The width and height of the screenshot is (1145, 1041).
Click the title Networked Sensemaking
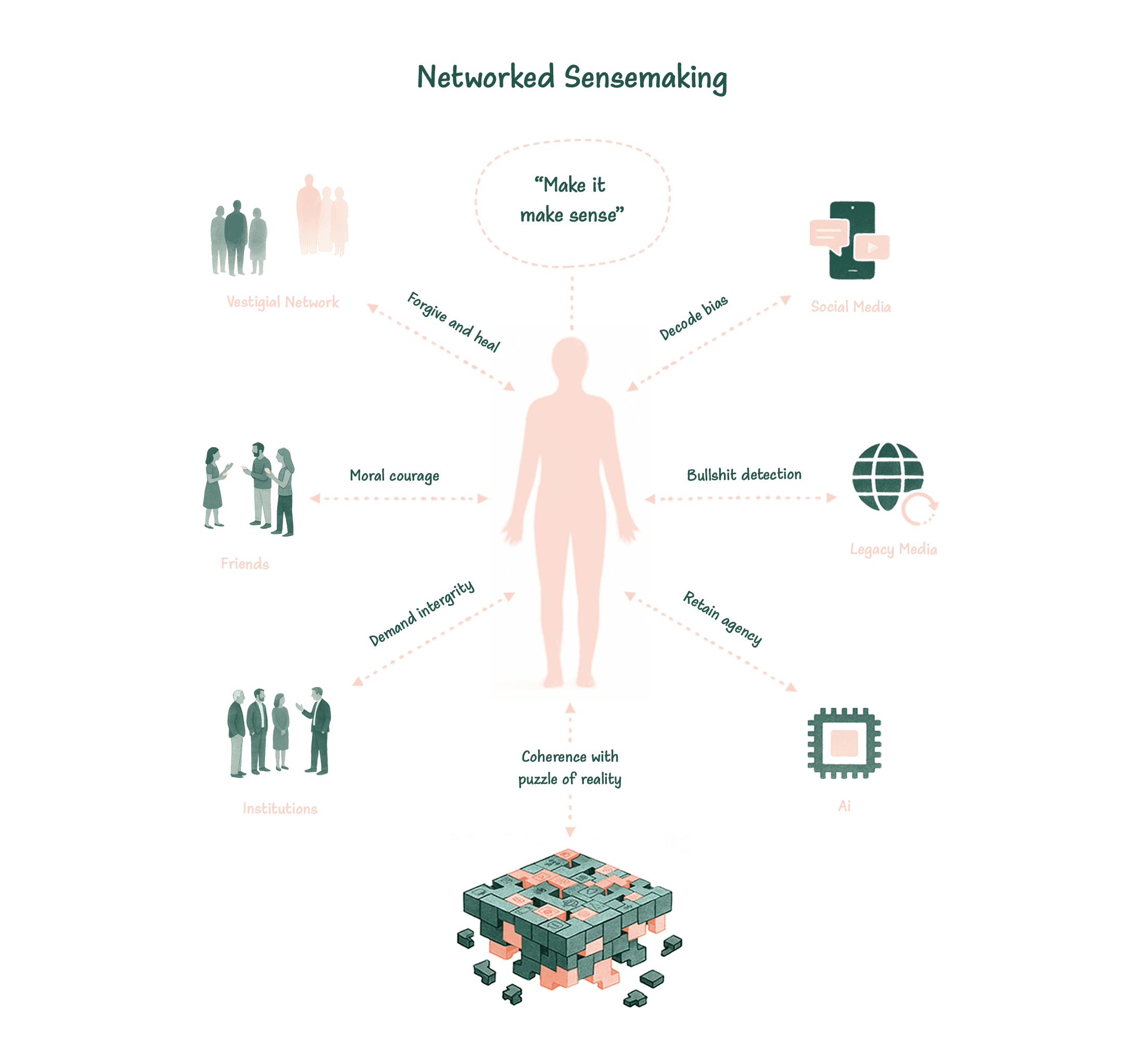click(x=572, y=78)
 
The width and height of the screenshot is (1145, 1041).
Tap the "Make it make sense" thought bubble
click(x=572, y=201)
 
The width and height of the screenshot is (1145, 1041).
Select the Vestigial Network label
click(x=282, y=302)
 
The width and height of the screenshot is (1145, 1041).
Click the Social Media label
click(x=850, y=307)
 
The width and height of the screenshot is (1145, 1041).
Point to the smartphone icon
click(x=851, y=241)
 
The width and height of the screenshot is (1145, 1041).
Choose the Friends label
click(x=245, y=564)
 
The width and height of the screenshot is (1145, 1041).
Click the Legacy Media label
click(x=893, y=549)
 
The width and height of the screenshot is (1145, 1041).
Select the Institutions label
click(x=280, y=809)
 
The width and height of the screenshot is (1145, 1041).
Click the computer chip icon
click(x=844, y=743)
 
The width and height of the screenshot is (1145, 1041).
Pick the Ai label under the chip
click(x=844, y=806)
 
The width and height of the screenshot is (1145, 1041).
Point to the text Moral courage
click(x=394, y=476)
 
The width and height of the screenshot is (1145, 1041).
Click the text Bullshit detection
click(x=744, y=475)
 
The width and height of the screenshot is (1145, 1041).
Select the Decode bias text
click(x=693, y=318)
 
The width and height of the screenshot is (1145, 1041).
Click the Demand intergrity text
click(x=422, y=613)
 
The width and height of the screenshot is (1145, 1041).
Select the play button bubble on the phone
click(x=872, y=248)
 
